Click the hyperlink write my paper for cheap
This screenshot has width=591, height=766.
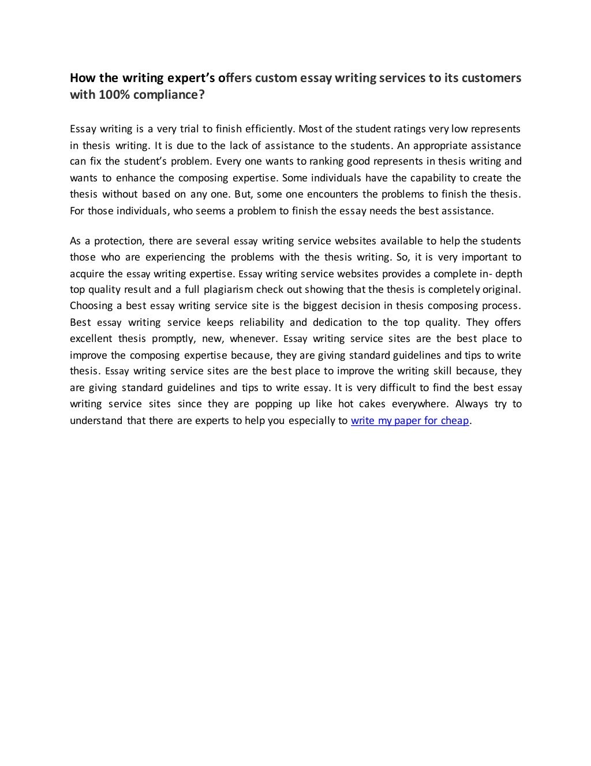(410, 421)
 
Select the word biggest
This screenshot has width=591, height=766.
(331, 306)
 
